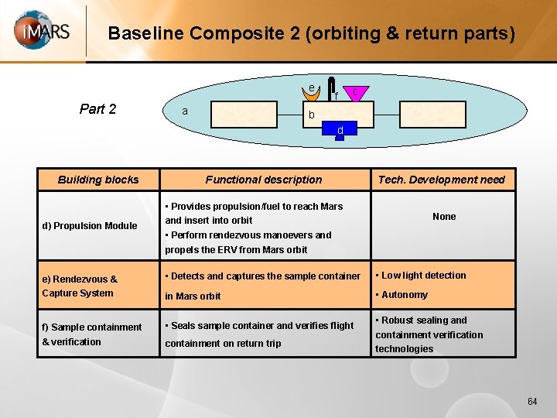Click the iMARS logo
pyautogui.click(x=42, y=33)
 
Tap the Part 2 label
pyautogui.click(x=97, y=109)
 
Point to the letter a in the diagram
pyautogui.click(x=184, y=111)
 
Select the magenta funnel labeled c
pyautogui.click(x=355, y=92)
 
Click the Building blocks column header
pyautogui.click(x=98, y=180)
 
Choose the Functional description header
pyautogui.click(x=264, y=180)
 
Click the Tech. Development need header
pyautogui.click(x=441, y=180)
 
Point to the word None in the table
pyautogui.click(x=444, y=217)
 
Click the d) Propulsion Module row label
pyautogui.click(x=90, y=226)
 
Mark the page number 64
pyautogui.click(x=532, y=402)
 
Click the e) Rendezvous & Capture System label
pyautogui.click(x=80, y=286)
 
